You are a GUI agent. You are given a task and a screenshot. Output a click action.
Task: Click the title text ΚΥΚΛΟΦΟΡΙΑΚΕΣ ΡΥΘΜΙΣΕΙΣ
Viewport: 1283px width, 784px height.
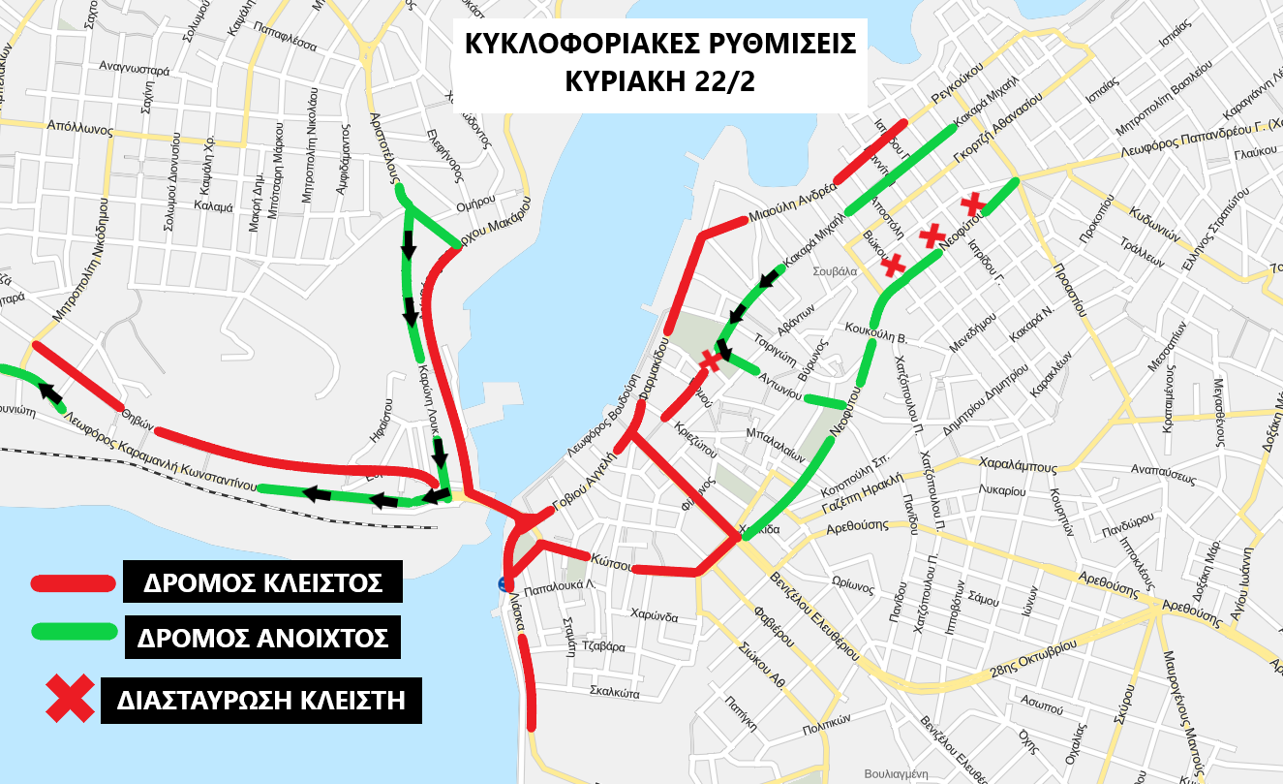point(660,46)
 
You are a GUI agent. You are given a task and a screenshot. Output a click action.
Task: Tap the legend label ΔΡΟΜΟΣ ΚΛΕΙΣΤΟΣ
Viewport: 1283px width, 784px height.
point(260,583)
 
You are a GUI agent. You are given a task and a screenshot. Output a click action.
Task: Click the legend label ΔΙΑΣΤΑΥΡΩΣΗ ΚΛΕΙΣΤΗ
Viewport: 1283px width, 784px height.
point(261,700)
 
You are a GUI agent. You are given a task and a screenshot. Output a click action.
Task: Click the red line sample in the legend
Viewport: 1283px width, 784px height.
point(73,583)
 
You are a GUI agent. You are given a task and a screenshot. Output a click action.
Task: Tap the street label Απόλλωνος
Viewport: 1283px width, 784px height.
point(74,126)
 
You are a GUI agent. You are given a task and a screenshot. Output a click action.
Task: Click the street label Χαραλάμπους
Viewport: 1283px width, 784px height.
point(1017,464)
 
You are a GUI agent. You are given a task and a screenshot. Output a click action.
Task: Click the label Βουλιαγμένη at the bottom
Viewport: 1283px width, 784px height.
point(896,773)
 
